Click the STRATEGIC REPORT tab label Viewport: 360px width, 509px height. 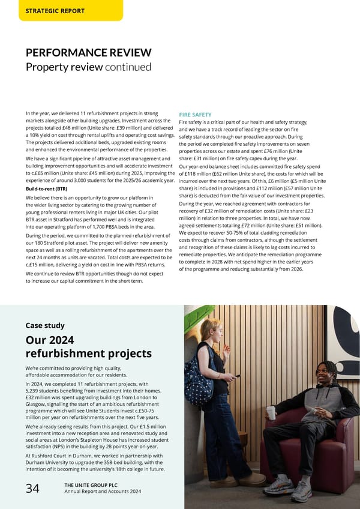[x=55, y=11]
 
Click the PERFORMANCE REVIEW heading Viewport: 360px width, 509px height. [x=88, y=53]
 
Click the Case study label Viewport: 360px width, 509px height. [x=46, y=325]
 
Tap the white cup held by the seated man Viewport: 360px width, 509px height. [x=271, y=412]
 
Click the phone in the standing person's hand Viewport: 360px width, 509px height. [x=237, y=376]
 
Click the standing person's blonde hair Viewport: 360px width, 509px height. [x=210, y=327]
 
